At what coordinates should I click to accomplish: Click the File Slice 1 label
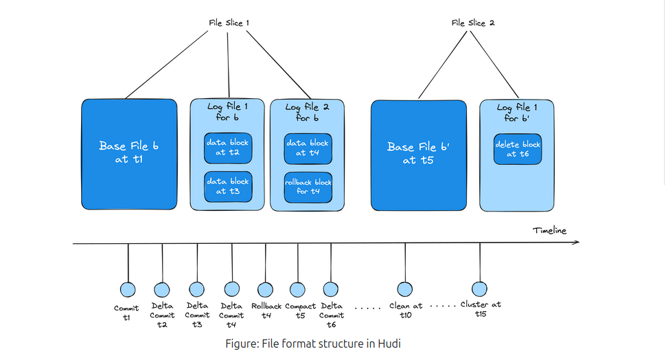(x=229, y=23)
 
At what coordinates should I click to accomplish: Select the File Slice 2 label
(x=473, y=23)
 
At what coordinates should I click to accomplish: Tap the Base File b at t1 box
(x=129, y=153)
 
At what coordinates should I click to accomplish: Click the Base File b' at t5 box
(x=417, y=153)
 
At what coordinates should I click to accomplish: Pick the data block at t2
(x=228, y=148)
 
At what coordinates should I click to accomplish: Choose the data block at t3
(x=228, y=186)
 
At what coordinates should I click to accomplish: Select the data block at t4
(x=308, y=148)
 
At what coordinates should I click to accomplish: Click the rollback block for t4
(x=308, y=186)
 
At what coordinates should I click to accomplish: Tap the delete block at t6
(x=517, y=149)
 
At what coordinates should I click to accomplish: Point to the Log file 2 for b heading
(x=308, y=113)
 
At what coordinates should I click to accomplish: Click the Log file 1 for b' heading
(x=517, y=113)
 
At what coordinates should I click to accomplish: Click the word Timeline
(x=549, y=231)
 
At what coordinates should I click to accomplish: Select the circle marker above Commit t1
(x=128, y=289)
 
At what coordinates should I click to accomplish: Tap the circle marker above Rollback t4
(x=265, y=289)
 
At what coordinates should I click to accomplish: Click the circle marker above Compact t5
(x=298, y=289)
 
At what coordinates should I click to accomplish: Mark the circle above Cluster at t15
(x=480, y=289)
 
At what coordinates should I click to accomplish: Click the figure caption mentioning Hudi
(x=312, y=344)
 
